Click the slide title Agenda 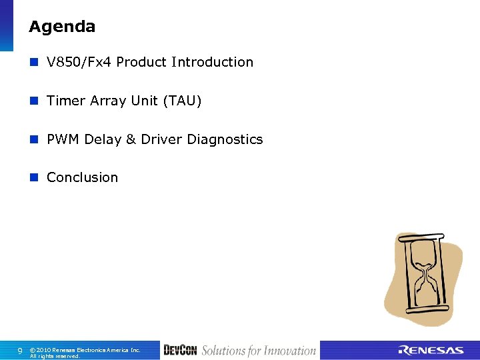(62, 27)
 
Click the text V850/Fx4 (79, 62)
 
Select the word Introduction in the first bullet (212, 62)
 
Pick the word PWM (63, 139)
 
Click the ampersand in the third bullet (131, 139)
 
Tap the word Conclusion (82, 177)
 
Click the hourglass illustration (423, 277)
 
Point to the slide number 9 (20, 350)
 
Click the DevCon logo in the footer (180, 350)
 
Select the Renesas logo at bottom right (431, 351)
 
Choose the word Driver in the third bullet (162, 139)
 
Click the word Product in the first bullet (141, 62)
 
